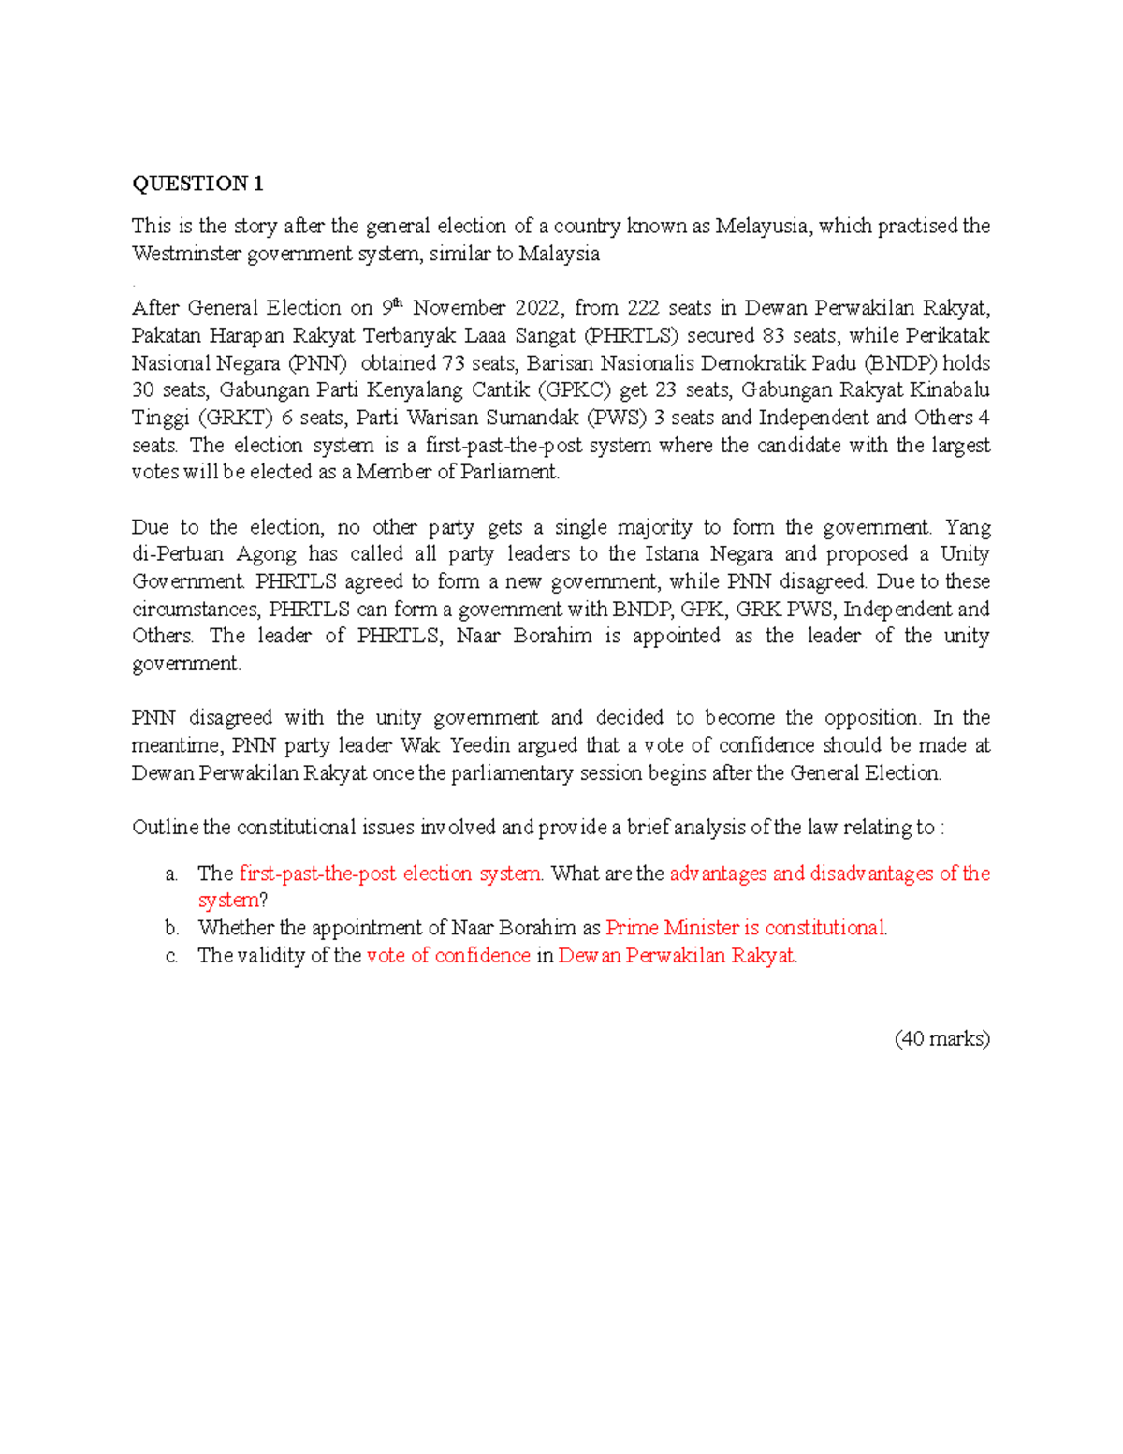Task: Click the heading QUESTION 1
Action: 197,184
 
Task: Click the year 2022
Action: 538,308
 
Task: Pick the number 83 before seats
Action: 772,335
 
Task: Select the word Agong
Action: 267,554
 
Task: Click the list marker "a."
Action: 171,874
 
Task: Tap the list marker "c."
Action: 171,956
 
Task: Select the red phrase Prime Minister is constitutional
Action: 746,928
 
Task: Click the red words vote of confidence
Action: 448,956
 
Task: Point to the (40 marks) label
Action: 941,1038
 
